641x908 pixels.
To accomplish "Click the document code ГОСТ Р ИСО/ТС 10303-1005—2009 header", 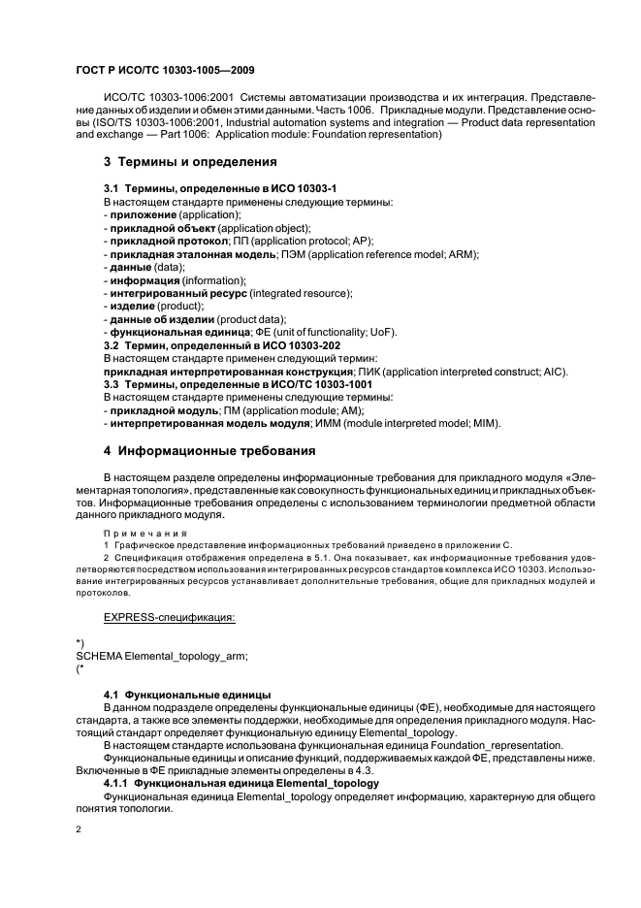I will (165, 71).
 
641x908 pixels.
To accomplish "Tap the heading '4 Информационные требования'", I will (208, 450).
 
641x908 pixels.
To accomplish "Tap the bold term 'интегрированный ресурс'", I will (177, 293).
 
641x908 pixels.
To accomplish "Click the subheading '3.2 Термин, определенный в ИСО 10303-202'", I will (222, 345).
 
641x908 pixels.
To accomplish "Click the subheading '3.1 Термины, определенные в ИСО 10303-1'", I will (220, 186).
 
